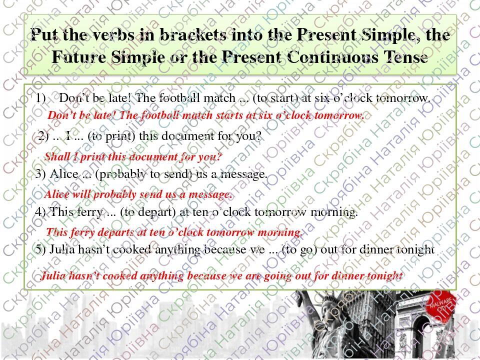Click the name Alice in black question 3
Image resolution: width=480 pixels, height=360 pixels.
64,174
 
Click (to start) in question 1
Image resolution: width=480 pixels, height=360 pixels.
273,98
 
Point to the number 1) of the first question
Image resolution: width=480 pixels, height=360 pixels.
41,98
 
